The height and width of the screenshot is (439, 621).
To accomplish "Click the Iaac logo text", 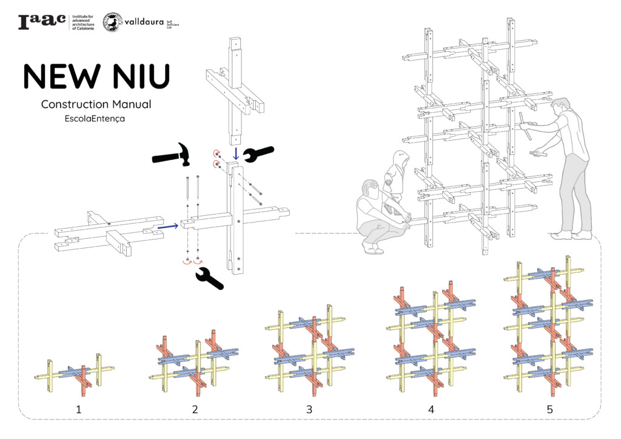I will coord(42,22).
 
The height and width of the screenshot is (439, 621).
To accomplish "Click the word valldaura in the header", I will coord(144,22).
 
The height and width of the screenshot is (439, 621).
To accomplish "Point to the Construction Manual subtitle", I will coord(96,104).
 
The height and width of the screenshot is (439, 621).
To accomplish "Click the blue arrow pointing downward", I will coord(236,153).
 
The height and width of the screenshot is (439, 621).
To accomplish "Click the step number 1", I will coord(78,409).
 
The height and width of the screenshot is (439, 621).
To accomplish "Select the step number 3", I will coord(309,409).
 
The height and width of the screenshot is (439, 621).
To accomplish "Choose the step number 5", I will coord(549,409).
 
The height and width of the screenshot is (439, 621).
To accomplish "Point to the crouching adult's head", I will coord(369,190).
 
